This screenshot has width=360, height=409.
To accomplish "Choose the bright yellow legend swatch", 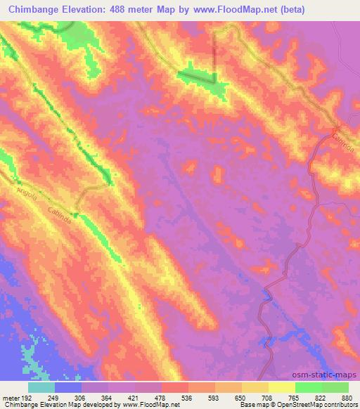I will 282,387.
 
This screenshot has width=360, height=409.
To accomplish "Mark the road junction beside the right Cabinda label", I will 334,131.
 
